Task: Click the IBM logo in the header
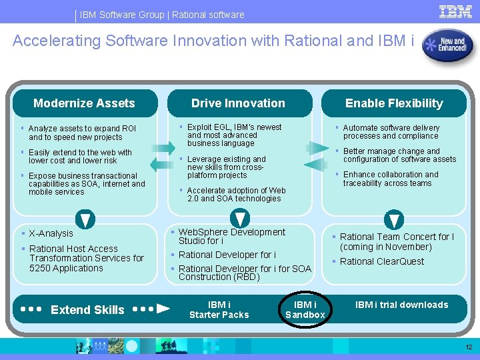456,11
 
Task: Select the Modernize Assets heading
84,103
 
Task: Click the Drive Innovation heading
238,103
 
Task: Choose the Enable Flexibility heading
394,103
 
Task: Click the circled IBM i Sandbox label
305,309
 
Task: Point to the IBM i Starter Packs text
219,309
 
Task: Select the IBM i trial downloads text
401,305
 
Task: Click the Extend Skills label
87,309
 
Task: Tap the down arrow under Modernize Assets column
85,219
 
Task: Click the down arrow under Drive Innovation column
239,219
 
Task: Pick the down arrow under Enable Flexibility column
395,219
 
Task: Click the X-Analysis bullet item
51,233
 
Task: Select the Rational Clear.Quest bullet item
381,261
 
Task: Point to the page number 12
469,347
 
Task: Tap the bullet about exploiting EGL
234,135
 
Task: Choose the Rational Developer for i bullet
227,255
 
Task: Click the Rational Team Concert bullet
396,241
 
